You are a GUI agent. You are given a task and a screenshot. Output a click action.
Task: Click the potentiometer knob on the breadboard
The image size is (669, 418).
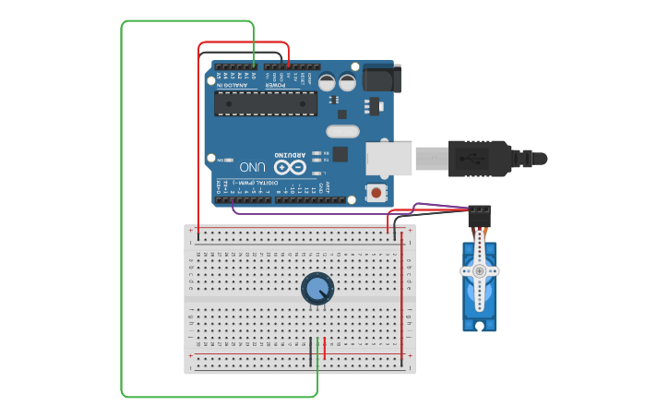coord(317,288)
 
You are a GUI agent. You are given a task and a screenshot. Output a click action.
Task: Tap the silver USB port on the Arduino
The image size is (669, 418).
coord(388,158)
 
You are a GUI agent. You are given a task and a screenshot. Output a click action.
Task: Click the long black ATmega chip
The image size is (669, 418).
coord(265,103)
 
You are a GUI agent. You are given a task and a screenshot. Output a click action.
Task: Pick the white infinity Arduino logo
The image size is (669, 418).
coord(288,167)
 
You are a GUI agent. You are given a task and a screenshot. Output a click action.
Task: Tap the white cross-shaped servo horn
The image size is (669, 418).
coord(479,270)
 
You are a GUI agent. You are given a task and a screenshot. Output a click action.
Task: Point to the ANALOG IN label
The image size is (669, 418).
coord(235,84)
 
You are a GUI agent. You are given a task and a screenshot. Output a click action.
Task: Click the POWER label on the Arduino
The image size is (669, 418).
coord(278,84)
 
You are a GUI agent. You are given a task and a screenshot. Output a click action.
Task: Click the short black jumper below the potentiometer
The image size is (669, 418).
coord(311,351)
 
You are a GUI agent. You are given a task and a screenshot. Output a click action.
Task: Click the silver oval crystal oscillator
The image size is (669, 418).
coord(341,131)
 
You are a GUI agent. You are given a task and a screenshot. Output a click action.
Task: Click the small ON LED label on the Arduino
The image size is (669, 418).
coord(221,159)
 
